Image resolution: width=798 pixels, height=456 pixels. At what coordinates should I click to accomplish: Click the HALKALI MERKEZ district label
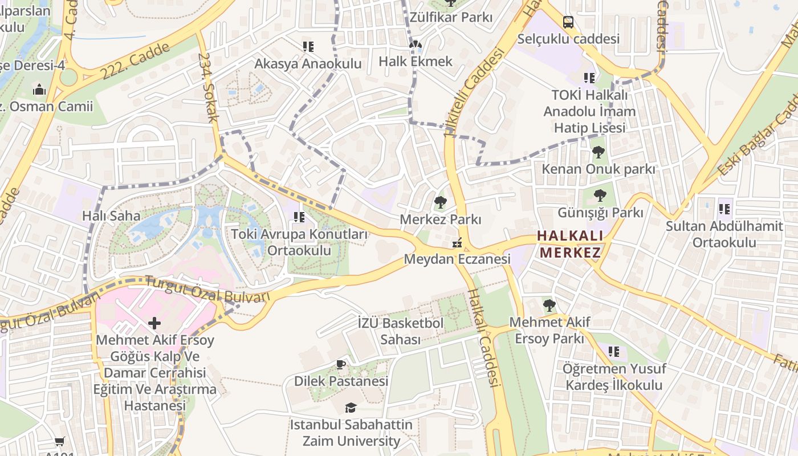tap(570, 244)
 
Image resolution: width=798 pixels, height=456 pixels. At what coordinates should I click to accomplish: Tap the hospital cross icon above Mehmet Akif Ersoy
tap(154, 323)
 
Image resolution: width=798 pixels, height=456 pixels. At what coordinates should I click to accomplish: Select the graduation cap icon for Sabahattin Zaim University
tap(351, 408)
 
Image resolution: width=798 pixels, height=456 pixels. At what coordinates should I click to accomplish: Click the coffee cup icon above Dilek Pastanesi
tap(341, 364)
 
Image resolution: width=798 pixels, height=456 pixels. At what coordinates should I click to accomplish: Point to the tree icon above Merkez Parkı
tap(440, 202)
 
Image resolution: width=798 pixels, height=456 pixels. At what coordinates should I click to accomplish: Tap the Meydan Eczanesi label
tap(457, 259)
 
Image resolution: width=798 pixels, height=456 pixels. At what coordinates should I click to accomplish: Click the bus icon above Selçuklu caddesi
tap(568, 22)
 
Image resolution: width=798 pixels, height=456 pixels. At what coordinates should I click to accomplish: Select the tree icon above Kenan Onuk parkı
tap(598, 152)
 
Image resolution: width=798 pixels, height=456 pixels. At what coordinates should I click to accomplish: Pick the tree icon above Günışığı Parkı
tap(600, 196)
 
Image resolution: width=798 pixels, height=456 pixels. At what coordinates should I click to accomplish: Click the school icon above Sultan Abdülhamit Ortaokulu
tap(725, 209)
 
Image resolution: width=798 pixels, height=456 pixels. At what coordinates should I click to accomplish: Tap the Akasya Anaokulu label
tap(308, 63)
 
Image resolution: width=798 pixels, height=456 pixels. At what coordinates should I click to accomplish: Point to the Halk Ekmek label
tap(416, 61)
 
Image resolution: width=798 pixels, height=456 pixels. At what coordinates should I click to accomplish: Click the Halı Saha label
tap(111, 215)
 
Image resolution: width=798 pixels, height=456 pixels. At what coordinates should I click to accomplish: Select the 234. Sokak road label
tap(209, 87)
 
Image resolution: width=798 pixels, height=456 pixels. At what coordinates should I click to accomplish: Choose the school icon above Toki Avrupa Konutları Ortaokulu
tap(299, 217)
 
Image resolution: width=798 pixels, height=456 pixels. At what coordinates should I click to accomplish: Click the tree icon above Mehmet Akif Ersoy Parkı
tap(549, 306)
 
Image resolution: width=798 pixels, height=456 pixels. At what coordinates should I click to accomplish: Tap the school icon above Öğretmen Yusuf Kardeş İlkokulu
tap(614, 352)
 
